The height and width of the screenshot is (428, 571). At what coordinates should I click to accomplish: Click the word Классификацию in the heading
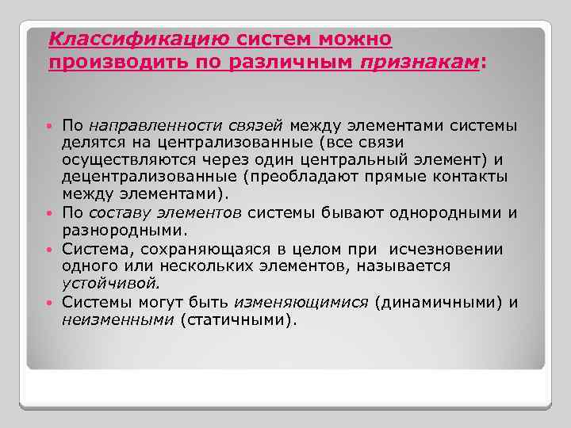point(140,38)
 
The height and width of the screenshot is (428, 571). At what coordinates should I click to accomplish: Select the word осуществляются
point(128,160)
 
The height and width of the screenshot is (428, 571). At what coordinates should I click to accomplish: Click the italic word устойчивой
point(110,284)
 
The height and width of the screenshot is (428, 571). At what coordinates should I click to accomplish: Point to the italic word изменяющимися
point(301,302)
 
